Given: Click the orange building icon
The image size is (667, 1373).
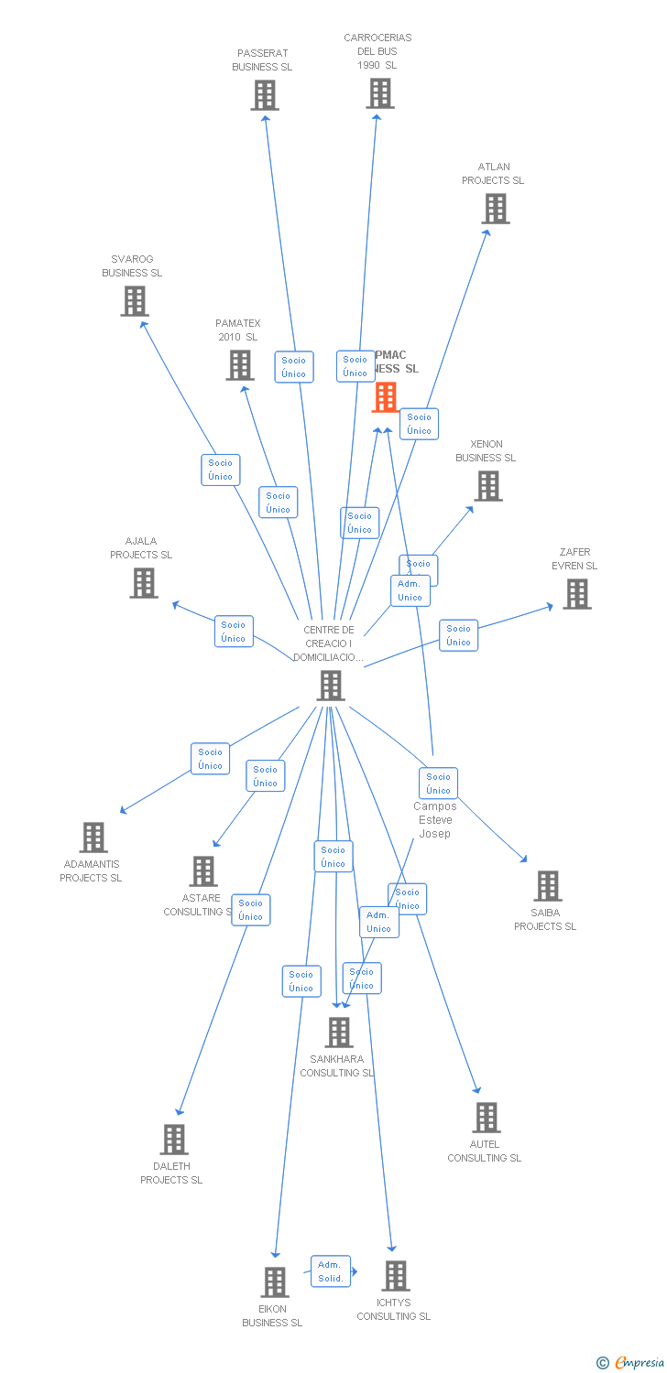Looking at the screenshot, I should click(386, 396).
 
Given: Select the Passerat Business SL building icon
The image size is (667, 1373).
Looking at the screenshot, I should click(265, 95).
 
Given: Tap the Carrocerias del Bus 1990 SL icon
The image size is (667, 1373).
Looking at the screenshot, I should click(380, 93).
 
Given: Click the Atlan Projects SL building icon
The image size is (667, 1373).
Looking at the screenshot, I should click(496, 209).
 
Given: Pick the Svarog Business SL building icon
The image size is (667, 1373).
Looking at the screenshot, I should click(135, 301).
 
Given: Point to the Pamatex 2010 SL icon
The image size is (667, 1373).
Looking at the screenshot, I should click(240, 365).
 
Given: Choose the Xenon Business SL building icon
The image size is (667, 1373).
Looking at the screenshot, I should click(488, 486).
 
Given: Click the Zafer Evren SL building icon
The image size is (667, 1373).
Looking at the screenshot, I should click(576, 594).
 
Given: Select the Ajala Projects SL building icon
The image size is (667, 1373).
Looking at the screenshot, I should click(144, 583).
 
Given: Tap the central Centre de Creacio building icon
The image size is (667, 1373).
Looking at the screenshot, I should click(331, 685).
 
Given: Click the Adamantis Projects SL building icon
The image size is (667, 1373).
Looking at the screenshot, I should click(93, 837).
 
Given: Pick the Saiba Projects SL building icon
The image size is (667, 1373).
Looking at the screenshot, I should click(548, 885).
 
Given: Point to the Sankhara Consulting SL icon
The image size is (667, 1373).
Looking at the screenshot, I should click(339, 1032).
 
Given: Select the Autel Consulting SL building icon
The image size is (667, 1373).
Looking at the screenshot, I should click(487, 1117).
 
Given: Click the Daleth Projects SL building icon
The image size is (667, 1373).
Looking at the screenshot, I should click(174, 1140).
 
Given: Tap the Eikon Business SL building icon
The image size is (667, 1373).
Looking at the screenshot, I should click(275, 1281).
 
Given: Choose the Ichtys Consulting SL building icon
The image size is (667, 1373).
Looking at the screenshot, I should click(396, 1275).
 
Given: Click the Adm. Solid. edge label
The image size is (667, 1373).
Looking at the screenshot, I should click(330, 1271).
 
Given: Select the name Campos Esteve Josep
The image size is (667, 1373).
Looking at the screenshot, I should click(434, 820).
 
